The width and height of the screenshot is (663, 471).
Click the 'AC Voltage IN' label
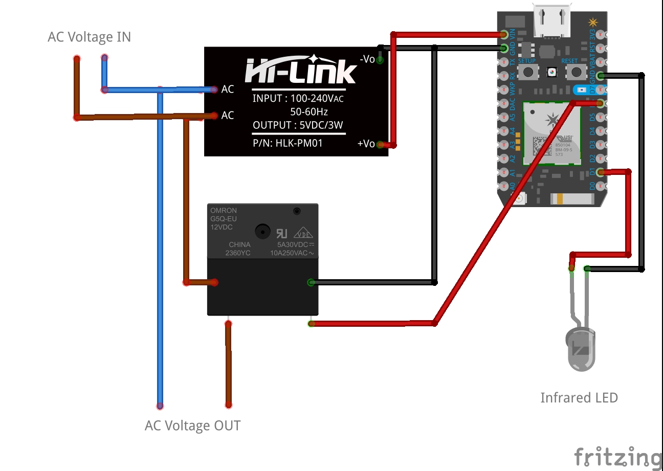(x=89, y=37)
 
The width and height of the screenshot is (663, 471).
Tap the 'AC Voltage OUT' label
(x=192, y=425)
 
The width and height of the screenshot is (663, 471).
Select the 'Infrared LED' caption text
(x=579, y=397)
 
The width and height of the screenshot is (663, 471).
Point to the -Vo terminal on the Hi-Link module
(x=380, y=60)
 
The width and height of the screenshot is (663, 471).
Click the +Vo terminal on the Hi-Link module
(x=380, y=145)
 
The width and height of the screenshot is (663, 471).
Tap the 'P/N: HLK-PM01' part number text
(x=288, y=143)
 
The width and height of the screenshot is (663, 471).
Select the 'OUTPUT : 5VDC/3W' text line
(x=298, y=125)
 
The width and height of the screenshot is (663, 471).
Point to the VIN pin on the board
(x=504, y=35)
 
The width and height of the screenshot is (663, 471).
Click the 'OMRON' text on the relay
(x=224, y=211)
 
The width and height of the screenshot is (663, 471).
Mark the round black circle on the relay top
(x=262, y=231)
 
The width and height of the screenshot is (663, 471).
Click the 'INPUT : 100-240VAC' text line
(x=298, y=99)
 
